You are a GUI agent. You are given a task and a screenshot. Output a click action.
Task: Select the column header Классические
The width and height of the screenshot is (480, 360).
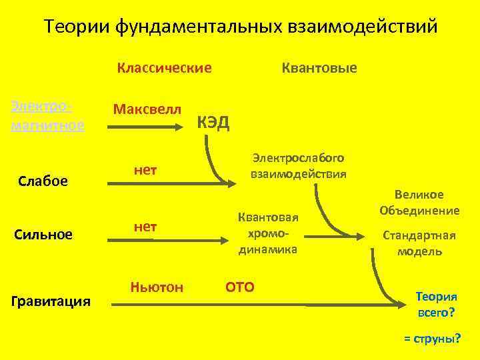pos(164,67)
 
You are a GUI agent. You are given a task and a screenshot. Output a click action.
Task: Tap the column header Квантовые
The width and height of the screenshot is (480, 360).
pos(319,67)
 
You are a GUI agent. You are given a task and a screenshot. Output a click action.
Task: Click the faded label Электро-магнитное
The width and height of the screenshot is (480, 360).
pos(48,116)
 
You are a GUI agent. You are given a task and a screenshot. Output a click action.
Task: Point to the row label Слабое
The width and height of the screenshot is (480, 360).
pos(43,181)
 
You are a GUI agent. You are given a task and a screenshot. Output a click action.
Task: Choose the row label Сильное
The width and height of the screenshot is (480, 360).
pos(44,234)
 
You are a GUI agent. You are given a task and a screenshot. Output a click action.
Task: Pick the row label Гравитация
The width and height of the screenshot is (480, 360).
pos(51,301)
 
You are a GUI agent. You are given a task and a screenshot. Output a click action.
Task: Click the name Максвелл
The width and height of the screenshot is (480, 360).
pos(147,108)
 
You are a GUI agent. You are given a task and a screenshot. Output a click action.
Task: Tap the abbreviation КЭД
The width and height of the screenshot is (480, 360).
pos(214,123)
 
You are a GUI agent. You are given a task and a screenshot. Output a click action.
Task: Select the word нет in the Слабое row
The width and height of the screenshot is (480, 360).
pos(145,171)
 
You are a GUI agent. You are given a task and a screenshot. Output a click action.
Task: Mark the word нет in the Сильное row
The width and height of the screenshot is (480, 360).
pos(145,227)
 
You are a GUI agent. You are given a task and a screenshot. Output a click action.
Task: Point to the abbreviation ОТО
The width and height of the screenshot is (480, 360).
pos(240,287)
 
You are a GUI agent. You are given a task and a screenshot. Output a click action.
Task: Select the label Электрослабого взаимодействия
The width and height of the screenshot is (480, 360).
pos(298,166)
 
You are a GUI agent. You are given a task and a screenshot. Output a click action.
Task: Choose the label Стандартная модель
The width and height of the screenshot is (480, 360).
pos(419,243)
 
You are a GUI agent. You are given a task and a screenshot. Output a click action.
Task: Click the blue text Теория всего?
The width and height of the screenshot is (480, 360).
pos(436,303)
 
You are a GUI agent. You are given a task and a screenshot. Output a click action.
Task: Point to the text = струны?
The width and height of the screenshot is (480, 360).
pos(432,338)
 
